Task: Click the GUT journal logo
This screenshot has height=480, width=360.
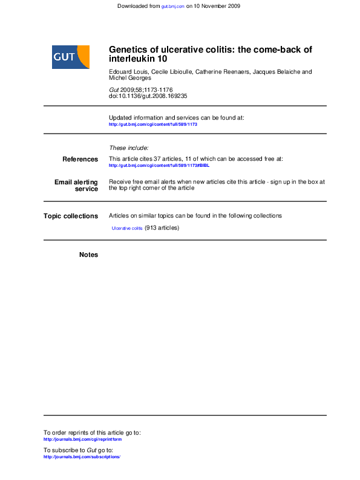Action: [x=71, y=57]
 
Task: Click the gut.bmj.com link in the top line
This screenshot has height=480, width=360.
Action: [x=172, y=6]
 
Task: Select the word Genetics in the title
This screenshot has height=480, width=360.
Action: [x=128, y=50]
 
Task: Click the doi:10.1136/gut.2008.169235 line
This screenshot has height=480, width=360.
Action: [x=148, y=96]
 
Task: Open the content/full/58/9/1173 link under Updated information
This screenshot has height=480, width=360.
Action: [x=153, y=124]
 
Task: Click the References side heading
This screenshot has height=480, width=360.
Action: [x=80, y=159]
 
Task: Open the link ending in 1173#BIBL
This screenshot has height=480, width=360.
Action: [x=159, y=165]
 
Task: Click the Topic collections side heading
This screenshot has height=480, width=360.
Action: [x=71, y=216]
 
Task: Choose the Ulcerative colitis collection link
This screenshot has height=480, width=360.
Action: [x=127, y=229]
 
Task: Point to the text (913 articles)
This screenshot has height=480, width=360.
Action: [x=162, y=228]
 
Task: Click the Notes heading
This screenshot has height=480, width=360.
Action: [x=88, y=255]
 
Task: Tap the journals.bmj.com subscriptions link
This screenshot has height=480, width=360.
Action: [x=82, y=457]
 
